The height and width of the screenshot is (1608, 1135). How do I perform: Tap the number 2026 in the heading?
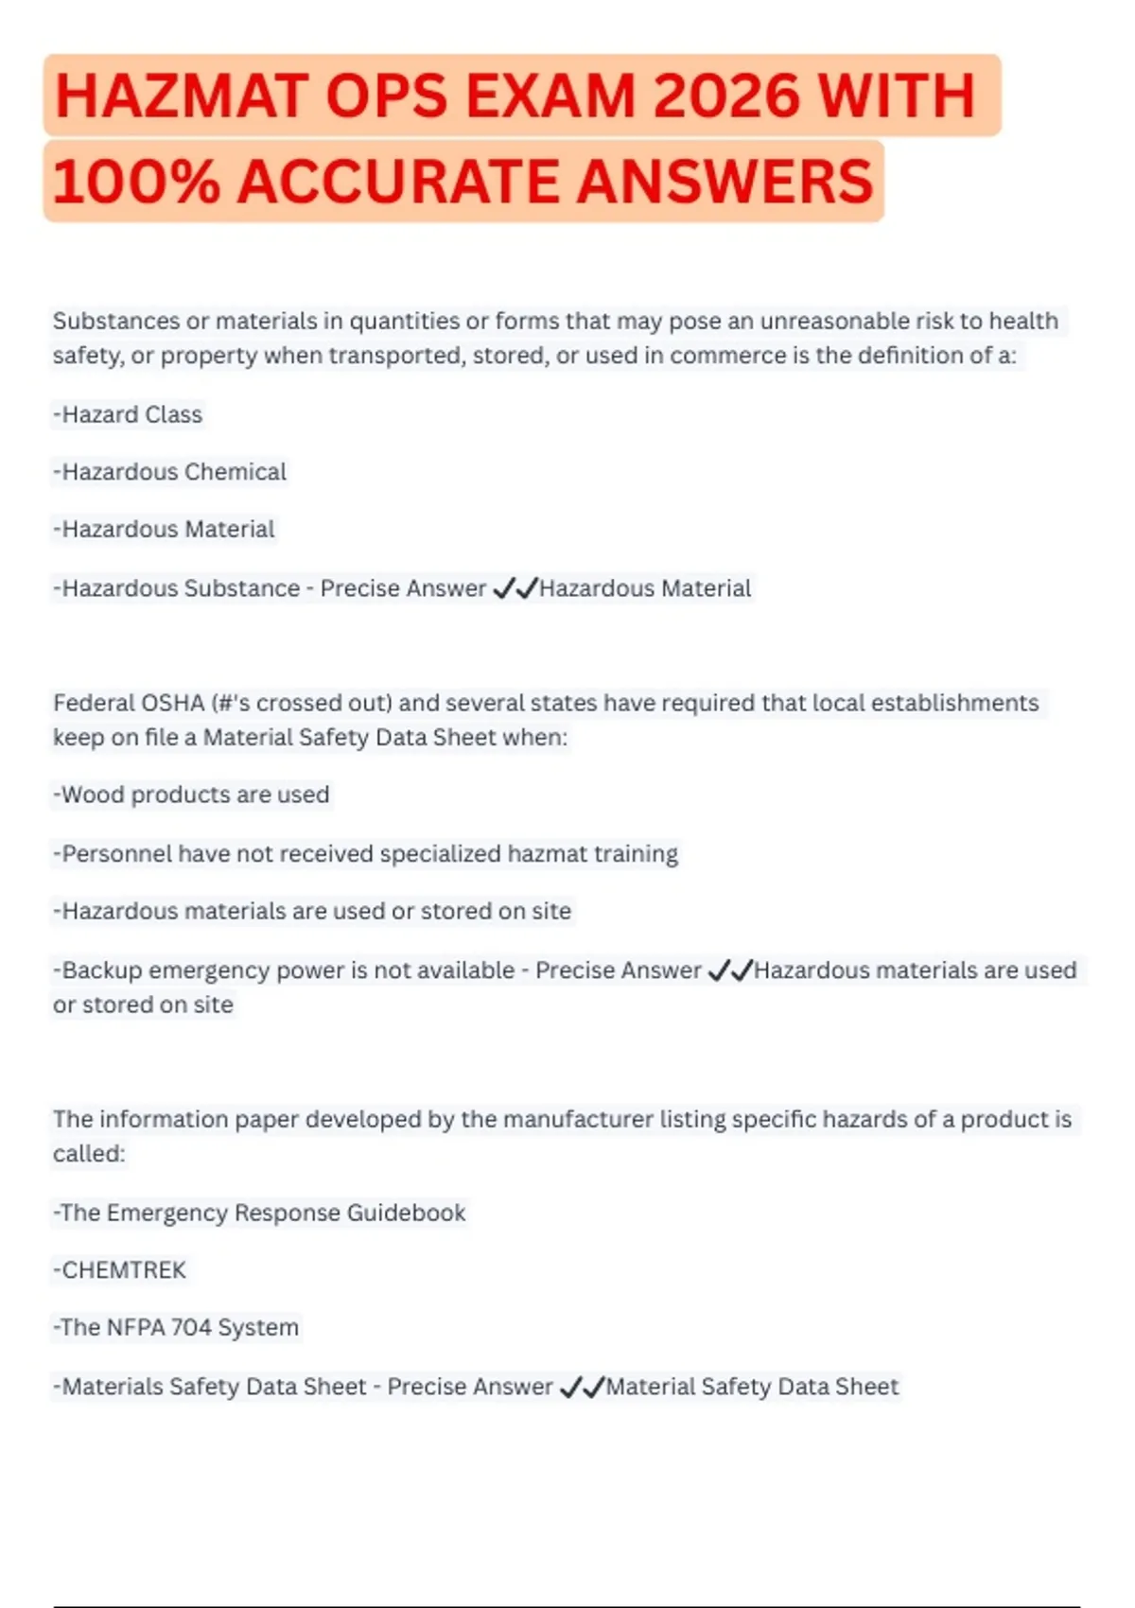tap(726, 96)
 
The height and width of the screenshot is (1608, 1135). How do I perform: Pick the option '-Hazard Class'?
tap(128, 414)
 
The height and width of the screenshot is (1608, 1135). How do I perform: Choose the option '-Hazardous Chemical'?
tap(169, 472)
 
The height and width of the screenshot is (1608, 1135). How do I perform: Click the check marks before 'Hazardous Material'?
tap(515, 588)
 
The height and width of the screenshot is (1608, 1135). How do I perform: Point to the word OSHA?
tap(176, 703)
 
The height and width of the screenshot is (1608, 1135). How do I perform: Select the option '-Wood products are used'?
tap(191, 795)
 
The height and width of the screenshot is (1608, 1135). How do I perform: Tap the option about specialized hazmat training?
tap(365, 853)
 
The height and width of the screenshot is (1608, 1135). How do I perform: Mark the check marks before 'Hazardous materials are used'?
tap(730, 970)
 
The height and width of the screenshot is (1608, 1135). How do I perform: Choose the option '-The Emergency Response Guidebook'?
tap(259, 1213)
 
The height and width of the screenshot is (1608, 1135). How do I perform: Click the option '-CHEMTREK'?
tap(119, 1270)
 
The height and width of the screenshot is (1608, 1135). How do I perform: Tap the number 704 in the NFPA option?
tap(190, 1328)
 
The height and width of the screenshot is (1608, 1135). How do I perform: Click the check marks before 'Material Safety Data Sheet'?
tap(582, 1388)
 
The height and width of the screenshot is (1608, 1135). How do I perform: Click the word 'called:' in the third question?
tap(89, 1154)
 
